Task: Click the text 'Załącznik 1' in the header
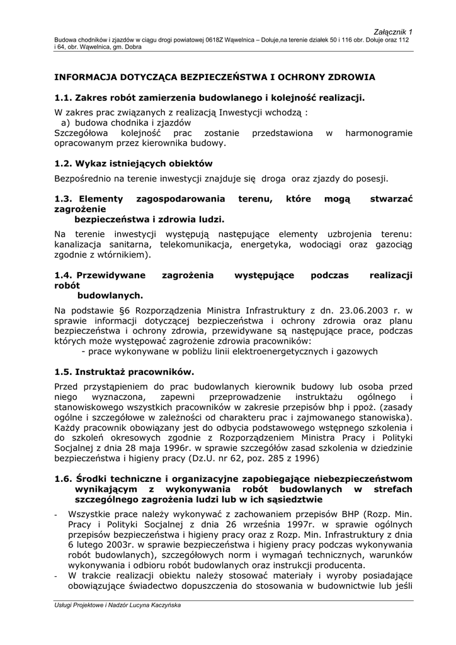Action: coord(394,31)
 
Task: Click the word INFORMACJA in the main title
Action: coord(84,77)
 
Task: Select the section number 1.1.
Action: coord(63,98)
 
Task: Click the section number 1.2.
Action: coord(63,164)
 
